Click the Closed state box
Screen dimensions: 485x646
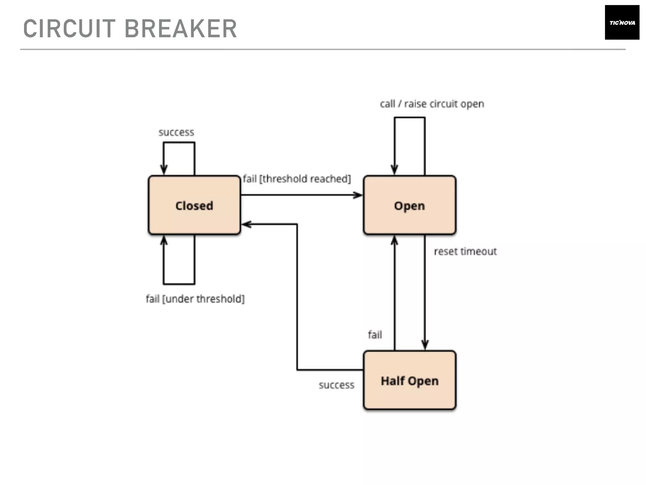click(194, 205)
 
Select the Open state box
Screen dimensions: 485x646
click(409, 205)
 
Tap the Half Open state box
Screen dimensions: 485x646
click(409, 380)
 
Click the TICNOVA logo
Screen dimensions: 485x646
click(622, 22)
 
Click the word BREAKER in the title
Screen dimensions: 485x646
click(181, 29)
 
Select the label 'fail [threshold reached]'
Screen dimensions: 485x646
click(297, 179)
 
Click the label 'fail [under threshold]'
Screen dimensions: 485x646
click(195, 299)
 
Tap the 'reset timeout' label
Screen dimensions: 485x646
click(465, 251)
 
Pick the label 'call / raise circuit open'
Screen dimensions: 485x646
click(432, 104)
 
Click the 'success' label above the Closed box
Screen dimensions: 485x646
click(176, 132)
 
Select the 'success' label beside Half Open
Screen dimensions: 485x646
click(337, 385)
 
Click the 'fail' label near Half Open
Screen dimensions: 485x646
click(375, 335)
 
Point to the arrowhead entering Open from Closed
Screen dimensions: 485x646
click(358, 195)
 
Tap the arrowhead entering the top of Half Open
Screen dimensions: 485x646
click(425, 345)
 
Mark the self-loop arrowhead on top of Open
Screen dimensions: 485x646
click(394, 170)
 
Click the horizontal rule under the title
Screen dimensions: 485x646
click(323, 49)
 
